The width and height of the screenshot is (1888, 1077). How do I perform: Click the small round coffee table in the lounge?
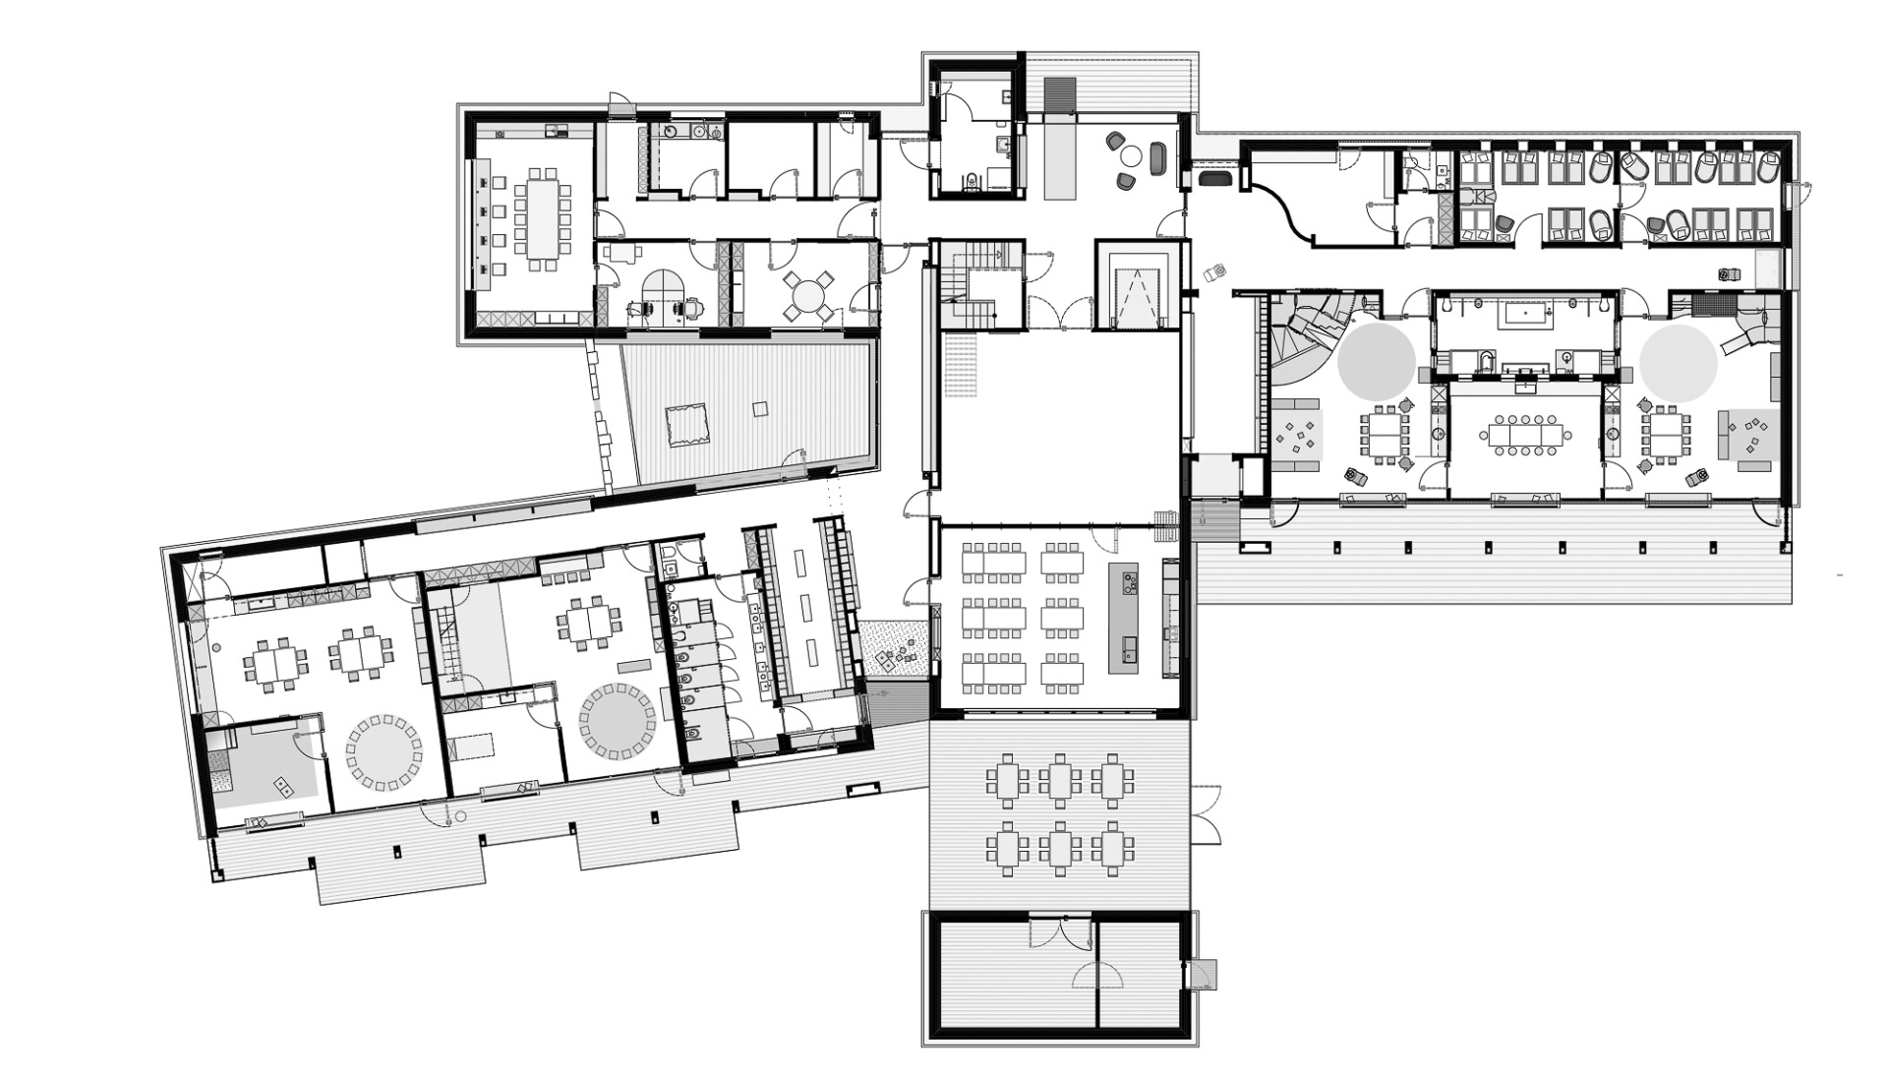click(1131, 155)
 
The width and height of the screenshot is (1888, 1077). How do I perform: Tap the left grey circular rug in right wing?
click(1376, 361)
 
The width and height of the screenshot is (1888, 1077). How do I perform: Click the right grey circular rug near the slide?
click(1678, 361)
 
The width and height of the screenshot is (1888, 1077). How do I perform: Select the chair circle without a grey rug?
click(384, 752)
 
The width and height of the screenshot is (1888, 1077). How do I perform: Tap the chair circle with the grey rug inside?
click(618, 724)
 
